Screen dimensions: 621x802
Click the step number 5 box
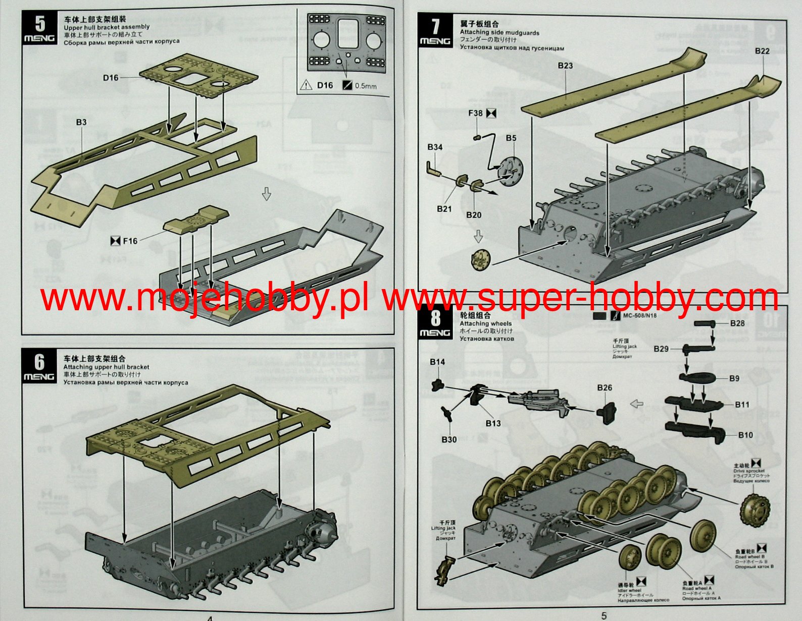pyautogui.click(x=39, y=28)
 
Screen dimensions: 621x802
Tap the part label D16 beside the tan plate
pyautogui.click(x=111, y=77)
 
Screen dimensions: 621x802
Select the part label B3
pyautogui.click(x=81, y=122)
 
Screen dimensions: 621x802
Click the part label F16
pyautogui.click(x=130, y=241)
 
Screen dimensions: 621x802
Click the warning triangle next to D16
pyautogui.click(x=306, y=85)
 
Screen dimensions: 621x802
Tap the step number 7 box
pyautogui.click(x=435, y=31)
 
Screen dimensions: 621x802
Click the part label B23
pyautogui.click(x=566, y=66)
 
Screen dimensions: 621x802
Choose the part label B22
pyautogui.click(x=762, y=51)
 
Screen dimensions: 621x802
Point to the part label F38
pyautogui.click(x=475, y=113)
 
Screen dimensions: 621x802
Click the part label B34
pyautogui.click(x=435, y=147)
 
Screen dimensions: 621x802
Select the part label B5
pyautogui.click(x=511, y=138)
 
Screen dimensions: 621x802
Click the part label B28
pyautogui.click(x=737, y=323)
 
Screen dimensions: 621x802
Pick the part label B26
pyautogui.click(x=605, y=387)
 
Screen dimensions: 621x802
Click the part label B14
pyautogui.click(x=437, y=362)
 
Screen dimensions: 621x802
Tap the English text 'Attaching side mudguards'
pyautogui.click(x=499, y=33)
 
